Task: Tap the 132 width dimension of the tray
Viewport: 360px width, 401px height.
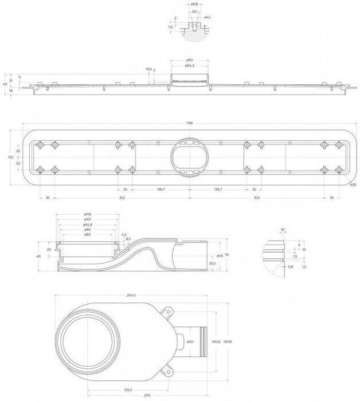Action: click(10, 156)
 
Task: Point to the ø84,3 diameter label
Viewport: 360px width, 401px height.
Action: click(189, 66)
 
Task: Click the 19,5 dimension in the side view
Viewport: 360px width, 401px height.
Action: click(148, 69)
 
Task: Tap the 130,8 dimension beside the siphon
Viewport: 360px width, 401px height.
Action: click(228, 342)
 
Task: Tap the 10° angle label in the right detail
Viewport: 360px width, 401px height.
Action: click(283, 229)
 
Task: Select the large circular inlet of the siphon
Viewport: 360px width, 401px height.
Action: click(91, 342)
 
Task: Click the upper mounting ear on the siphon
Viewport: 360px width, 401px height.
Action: click(167, 313)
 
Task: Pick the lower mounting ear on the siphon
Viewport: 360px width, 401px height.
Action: click(167, 371)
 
